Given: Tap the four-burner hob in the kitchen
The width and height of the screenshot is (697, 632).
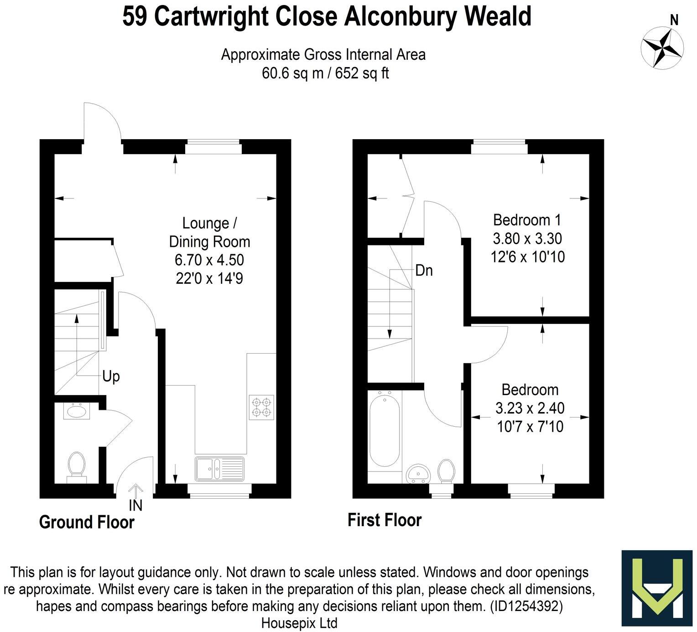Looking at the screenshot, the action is coord(262,407).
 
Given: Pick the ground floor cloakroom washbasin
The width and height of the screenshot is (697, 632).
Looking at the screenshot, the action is coord(77,411).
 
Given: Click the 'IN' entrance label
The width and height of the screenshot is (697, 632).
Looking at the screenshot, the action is coord(135,506).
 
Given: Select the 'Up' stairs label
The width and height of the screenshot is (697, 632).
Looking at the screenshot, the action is coord(111,376).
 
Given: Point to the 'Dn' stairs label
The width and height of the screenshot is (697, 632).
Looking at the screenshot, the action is coord(424,271).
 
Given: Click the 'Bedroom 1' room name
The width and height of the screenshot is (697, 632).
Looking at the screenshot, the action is coord(527,220).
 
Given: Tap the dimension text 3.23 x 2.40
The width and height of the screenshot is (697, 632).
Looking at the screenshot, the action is coord(530,407).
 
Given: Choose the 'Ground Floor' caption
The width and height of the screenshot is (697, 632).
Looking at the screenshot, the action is coord(87,522).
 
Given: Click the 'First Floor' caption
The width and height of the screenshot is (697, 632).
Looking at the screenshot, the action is coord(385,520).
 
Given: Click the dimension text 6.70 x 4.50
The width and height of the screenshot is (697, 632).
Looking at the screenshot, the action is coord(209,260).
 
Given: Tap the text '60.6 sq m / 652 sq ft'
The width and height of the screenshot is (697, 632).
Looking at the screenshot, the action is coord(325,73).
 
